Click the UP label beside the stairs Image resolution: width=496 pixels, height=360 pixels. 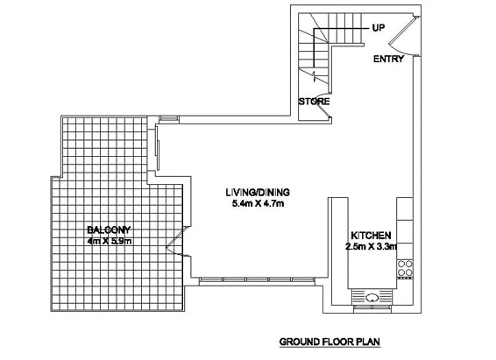pyautogui.click(x=379, y=28)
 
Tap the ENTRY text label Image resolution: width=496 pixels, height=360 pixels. pyautogui.click(x=388, y=59)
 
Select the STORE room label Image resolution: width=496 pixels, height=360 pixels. pyautogui.click(x=314, y=102)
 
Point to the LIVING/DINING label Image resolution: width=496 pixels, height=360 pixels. pyautogui.click(x=258, y=192)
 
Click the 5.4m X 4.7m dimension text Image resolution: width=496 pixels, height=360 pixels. pyautogui.click(x=258, y=203)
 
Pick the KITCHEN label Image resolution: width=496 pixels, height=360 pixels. pyautogui.click(x=371, y=236)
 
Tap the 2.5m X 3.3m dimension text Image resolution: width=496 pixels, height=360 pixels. pyautogui.click(x=371, y=246)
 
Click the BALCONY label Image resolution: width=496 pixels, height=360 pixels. pyautogui.click(x=109, y=229)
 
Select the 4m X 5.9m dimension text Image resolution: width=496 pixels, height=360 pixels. pyautogui.click(x=110, y=241)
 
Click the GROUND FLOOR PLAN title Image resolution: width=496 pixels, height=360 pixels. pyautogui.click(x=329, y=342)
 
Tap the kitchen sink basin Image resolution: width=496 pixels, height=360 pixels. pyautogui.click(x=372, y=298)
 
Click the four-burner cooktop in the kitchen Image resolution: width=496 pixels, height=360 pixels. pyautogui.click(x=405, y=269)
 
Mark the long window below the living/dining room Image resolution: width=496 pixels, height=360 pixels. pyautogui.click(x=257, y=279)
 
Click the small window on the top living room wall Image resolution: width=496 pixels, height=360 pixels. pyautogui.click(x=168, y=118)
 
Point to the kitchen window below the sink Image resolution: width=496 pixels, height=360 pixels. pyautogui.click(x=372, y=307)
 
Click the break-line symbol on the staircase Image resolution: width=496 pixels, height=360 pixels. pyautogui.click(x=314, y=76)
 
